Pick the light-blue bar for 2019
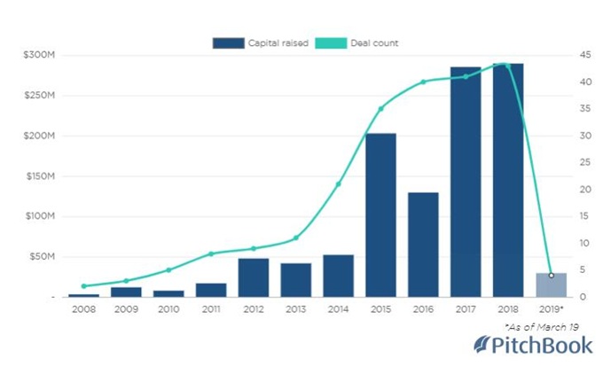551,284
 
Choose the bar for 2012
253,277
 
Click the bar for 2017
466,182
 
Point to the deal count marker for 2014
338,184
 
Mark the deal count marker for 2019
551,275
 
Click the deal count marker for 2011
210,253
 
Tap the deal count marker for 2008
83,286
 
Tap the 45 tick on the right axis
586,55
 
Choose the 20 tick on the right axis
586,190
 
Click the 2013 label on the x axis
295,309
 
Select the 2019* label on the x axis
552,309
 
